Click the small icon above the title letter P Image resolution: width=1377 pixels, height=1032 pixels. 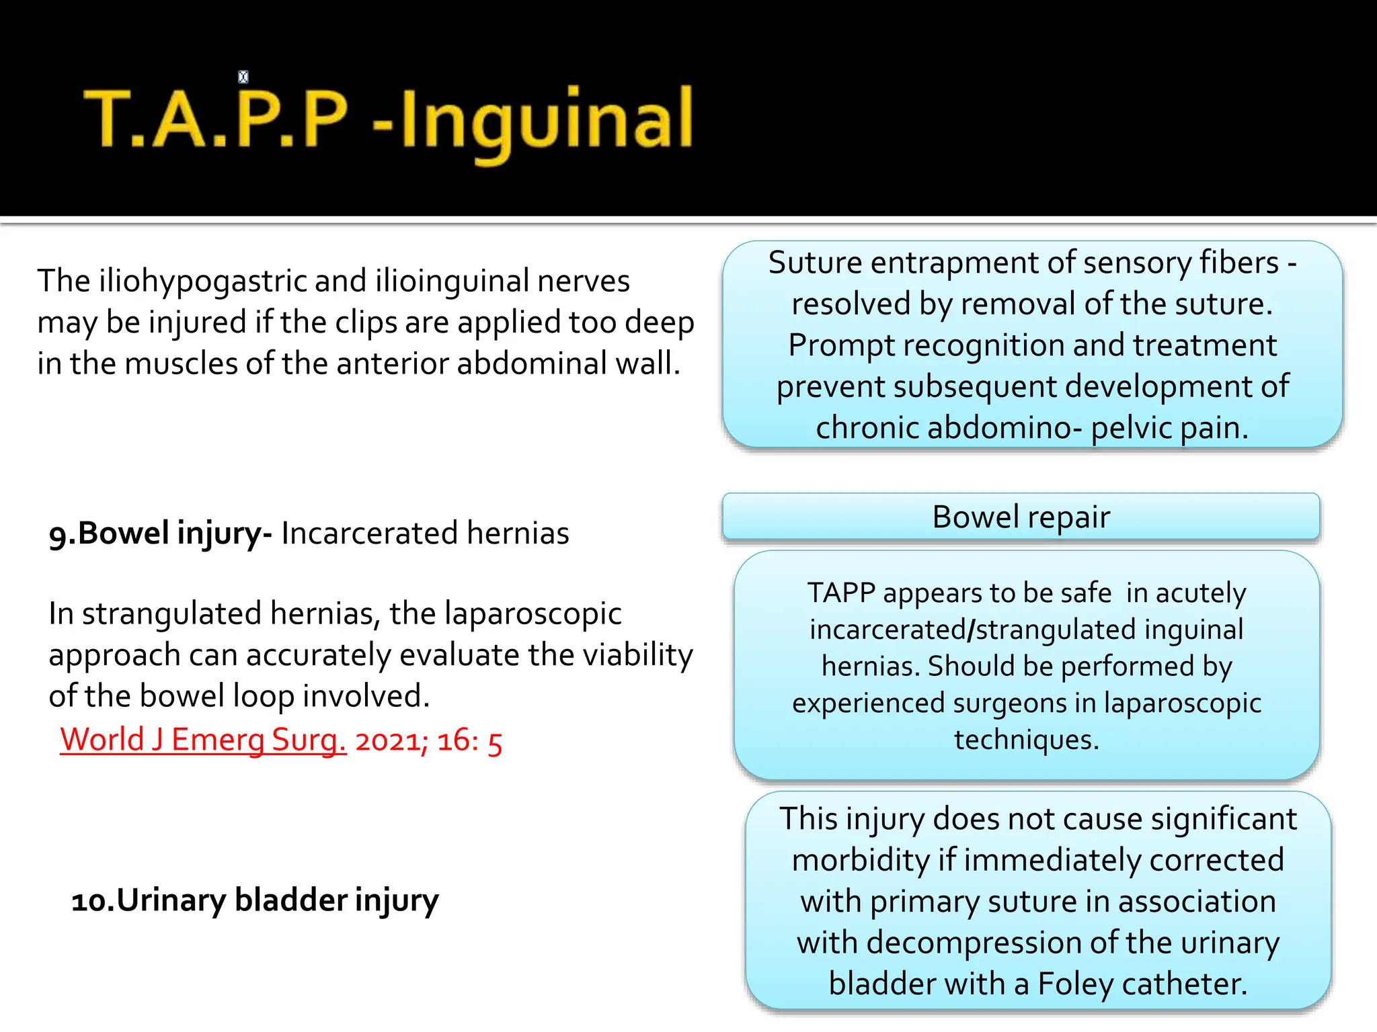point(243,77)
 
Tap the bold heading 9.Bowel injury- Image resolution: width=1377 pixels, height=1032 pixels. point(160,533)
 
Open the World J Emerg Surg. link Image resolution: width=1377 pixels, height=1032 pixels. point(203,740)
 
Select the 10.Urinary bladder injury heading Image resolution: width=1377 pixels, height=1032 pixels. point(255,900)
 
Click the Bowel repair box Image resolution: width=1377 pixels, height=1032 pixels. point(1021,517)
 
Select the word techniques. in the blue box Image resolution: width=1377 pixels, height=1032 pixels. point(1027,740)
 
